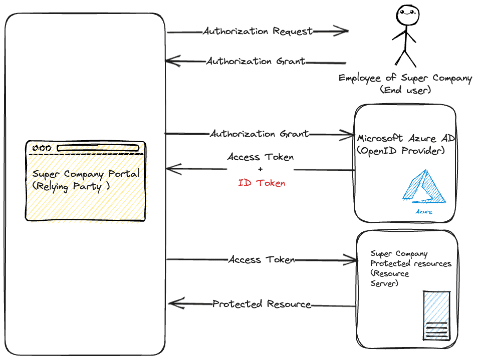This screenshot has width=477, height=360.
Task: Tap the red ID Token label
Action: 262,183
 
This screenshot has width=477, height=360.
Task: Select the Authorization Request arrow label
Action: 258,31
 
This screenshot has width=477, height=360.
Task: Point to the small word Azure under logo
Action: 424,212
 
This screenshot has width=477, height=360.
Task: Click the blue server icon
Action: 437,315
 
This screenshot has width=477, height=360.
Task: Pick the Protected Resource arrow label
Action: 262,304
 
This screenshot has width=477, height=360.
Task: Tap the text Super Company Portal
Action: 86,174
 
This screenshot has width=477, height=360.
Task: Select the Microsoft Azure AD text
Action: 406,138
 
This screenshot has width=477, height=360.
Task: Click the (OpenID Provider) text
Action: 401,151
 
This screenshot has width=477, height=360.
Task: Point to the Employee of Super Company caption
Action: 405,78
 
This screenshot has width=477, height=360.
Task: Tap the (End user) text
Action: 405,90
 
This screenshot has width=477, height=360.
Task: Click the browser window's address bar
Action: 97,148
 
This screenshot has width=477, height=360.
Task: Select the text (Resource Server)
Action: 390,279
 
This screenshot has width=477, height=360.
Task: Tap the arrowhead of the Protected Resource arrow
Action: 173,303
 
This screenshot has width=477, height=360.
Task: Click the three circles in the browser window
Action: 42,148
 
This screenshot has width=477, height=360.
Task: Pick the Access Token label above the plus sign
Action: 261,157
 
